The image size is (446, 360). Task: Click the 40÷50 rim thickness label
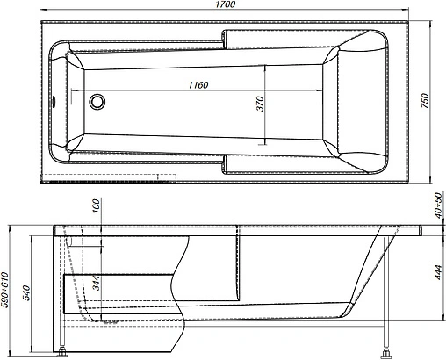(436, 209)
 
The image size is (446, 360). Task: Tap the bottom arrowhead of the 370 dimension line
(265, 142)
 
